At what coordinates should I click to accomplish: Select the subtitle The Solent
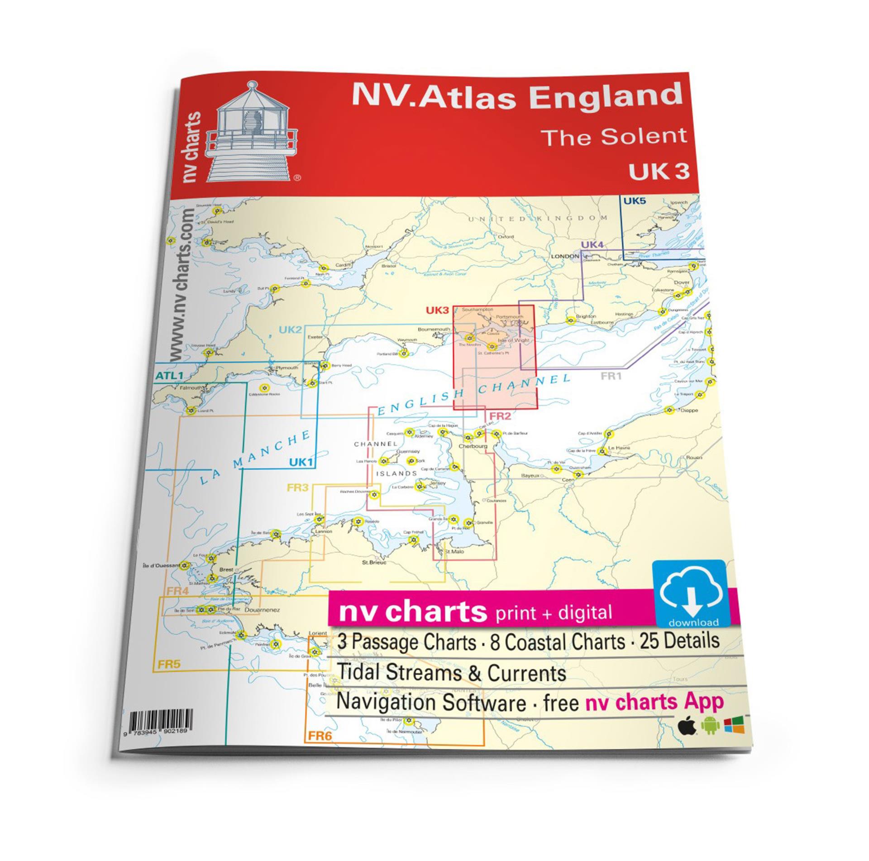point(614,136)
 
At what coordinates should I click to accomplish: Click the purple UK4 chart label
point(592,245)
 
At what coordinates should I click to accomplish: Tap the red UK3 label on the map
point(437,310)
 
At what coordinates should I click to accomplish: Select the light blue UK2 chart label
point(290,330)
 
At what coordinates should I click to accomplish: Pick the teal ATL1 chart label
point(168,375)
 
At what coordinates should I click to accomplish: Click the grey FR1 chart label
point(611,376)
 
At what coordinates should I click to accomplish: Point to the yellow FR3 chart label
point(298,488)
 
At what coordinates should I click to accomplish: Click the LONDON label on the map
point(565,257)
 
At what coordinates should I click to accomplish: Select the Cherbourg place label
point(473,446)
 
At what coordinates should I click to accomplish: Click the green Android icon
point(709,726)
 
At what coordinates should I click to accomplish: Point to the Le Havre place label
point(619,448)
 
